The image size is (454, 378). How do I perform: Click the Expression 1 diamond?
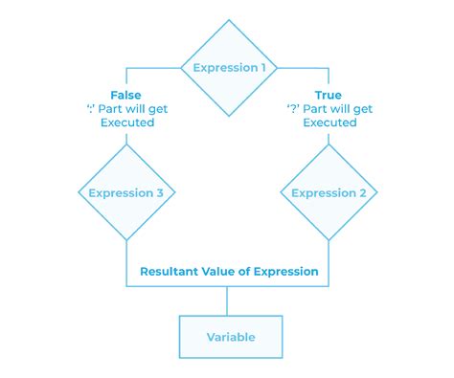pyautogui.click(x=230, y=67)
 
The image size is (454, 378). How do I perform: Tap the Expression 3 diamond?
pyautogui.click(x=126, y=193)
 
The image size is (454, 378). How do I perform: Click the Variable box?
pyautogui.click(x=231, y=337)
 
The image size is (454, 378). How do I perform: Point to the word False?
pyautogui.click(x=126, y=96)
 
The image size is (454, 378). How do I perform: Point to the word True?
pyautogui.click(x=329, y=96)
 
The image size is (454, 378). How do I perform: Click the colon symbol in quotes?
pyautogui.click(x=89, y=109)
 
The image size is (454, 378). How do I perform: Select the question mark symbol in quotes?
pyautogui.click(x=291, y=109)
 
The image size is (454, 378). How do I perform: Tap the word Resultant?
pyautogui.click(x=171, y=272)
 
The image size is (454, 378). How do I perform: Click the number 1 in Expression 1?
pyautogui.click(x=265, y=68)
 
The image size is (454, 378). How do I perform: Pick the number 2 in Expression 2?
pyautogui.click(x=364, y=193)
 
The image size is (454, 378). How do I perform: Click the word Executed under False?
pyautogui.click(x=126, y=122)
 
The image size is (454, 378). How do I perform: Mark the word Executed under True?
pyautogui.click(x=329, y=122)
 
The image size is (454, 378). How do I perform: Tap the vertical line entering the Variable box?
pyautogui.click(x=228, y=300)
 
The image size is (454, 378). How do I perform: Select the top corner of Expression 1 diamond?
pyautogui.click(x=230, y=20)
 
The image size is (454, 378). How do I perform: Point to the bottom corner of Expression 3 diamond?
pyautogui.click(x=126, y=240)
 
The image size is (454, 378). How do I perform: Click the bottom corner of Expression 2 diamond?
pyautogui.click(x=329, y=240)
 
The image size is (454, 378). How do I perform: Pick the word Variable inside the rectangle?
pyautogui.click(x=231, y=337)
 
